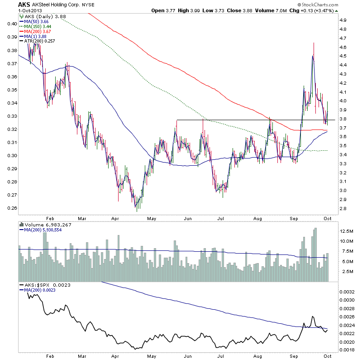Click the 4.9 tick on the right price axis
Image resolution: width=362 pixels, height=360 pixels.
343,20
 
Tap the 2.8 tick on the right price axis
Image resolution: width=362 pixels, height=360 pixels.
343,208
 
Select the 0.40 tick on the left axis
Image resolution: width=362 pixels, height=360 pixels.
11,24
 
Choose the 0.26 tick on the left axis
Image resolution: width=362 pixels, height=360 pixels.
11,208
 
